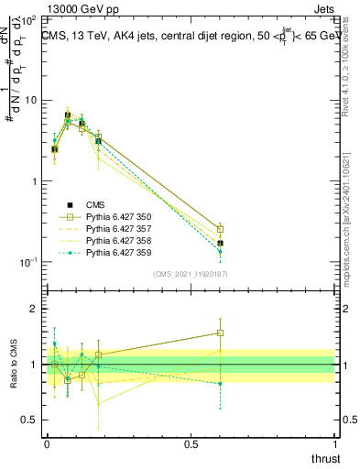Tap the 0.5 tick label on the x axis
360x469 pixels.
click(191, 444)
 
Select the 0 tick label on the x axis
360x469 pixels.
click(47, 444)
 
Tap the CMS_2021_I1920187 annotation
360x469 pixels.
click(191, 274)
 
